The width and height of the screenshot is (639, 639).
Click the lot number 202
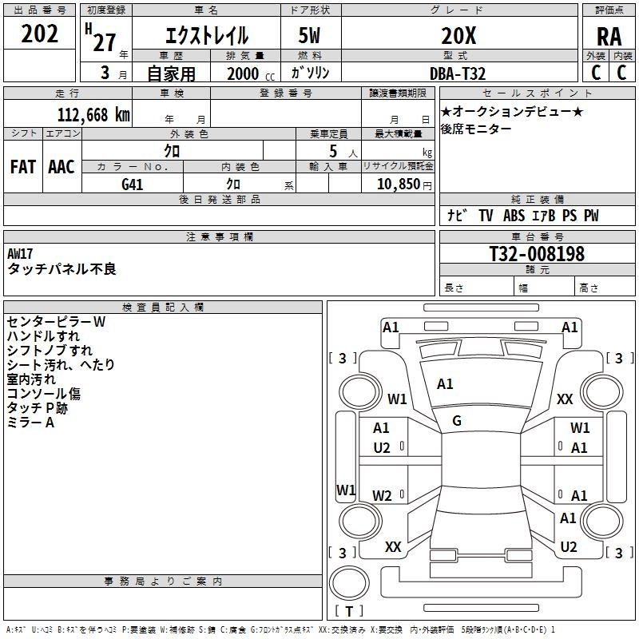[x=40, y=35]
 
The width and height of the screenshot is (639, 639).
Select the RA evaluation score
[x=609, y=36]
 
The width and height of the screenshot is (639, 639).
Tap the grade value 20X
[x=458, y=36]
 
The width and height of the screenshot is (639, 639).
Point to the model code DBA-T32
[x=458, y=73]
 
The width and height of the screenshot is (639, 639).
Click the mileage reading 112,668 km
[x=93, y=114]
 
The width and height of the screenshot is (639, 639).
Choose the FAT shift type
[x=22, y=166]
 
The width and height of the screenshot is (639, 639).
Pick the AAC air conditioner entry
[x=61, y=166]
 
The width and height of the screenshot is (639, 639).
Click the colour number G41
[x=133, y=184]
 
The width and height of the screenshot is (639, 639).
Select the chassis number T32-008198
[x=537, y=254]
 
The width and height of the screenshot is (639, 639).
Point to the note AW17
[x=21, y=253]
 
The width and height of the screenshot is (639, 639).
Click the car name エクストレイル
[x=206, y=36]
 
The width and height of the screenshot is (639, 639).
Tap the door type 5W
[x=310, y=36]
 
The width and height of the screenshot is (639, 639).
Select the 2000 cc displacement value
[x=244, y=73]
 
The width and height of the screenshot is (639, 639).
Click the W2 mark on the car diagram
[x=383, y=496]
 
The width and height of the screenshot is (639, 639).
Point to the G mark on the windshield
[x=457, y=420]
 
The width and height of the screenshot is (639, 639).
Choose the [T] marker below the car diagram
[x=348, y=612]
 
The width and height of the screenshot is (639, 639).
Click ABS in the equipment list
[x=513, y=216]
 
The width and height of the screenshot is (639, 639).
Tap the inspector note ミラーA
[x=30, y=423]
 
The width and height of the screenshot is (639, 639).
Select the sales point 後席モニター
[x=476, y=129]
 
